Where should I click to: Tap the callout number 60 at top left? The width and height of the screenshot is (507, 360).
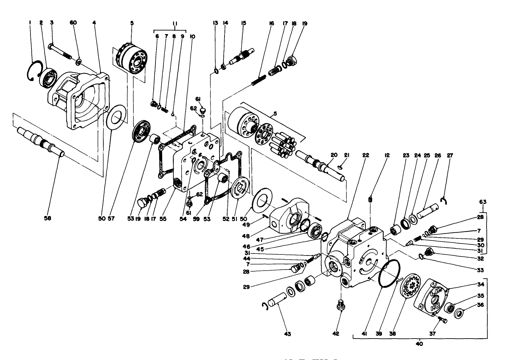pyautogui.click(x=73, y=22)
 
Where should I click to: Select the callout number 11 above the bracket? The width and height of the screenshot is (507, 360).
pyautogui.click(x=175, y=23)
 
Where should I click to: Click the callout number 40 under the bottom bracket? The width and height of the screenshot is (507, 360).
pyautogui.click(x=419, y=344)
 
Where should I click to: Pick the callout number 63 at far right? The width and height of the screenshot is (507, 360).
pyautogui.click(x=483, y=202)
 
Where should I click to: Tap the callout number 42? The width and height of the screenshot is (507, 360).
pyautogui.click(x=335, y=334)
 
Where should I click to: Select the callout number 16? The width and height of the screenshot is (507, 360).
pyautogui.click(x=271, y=23)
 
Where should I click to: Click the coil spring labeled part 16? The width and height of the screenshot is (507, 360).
pyautogui.click(x=259, y=81)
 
